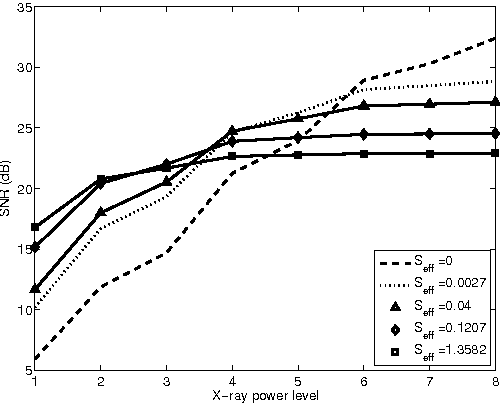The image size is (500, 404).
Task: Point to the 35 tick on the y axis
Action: click(24, 8)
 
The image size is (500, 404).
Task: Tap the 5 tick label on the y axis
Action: click(27, 370)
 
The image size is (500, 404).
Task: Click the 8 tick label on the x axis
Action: click(495, 381)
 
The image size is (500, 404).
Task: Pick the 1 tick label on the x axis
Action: click(35, 381)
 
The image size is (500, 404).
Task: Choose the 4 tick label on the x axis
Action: click(232, 381)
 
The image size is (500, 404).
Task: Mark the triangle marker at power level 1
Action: click(35, 288)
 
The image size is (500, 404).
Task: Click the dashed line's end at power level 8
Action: click(495, 38)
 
